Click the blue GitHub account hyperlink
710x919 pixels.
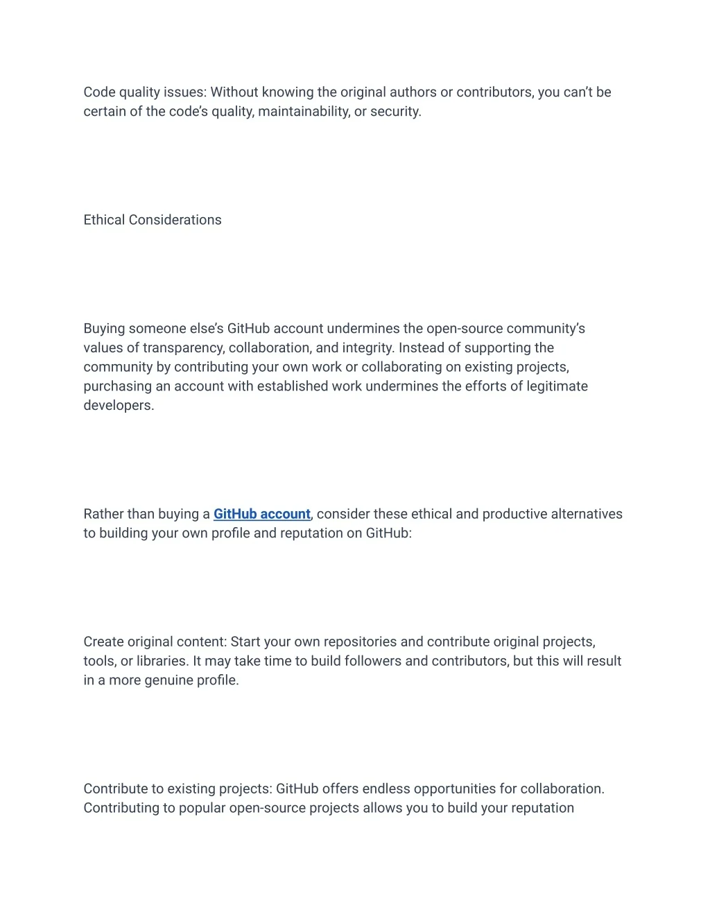tap(261, 514)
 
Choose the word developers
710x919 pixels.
tap(118, 406)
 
